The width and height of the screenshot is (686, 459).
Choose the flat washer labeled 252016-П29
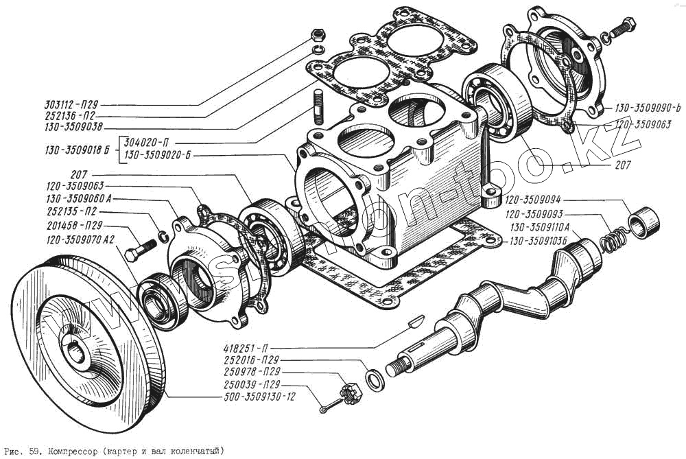tap(375, 379)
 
